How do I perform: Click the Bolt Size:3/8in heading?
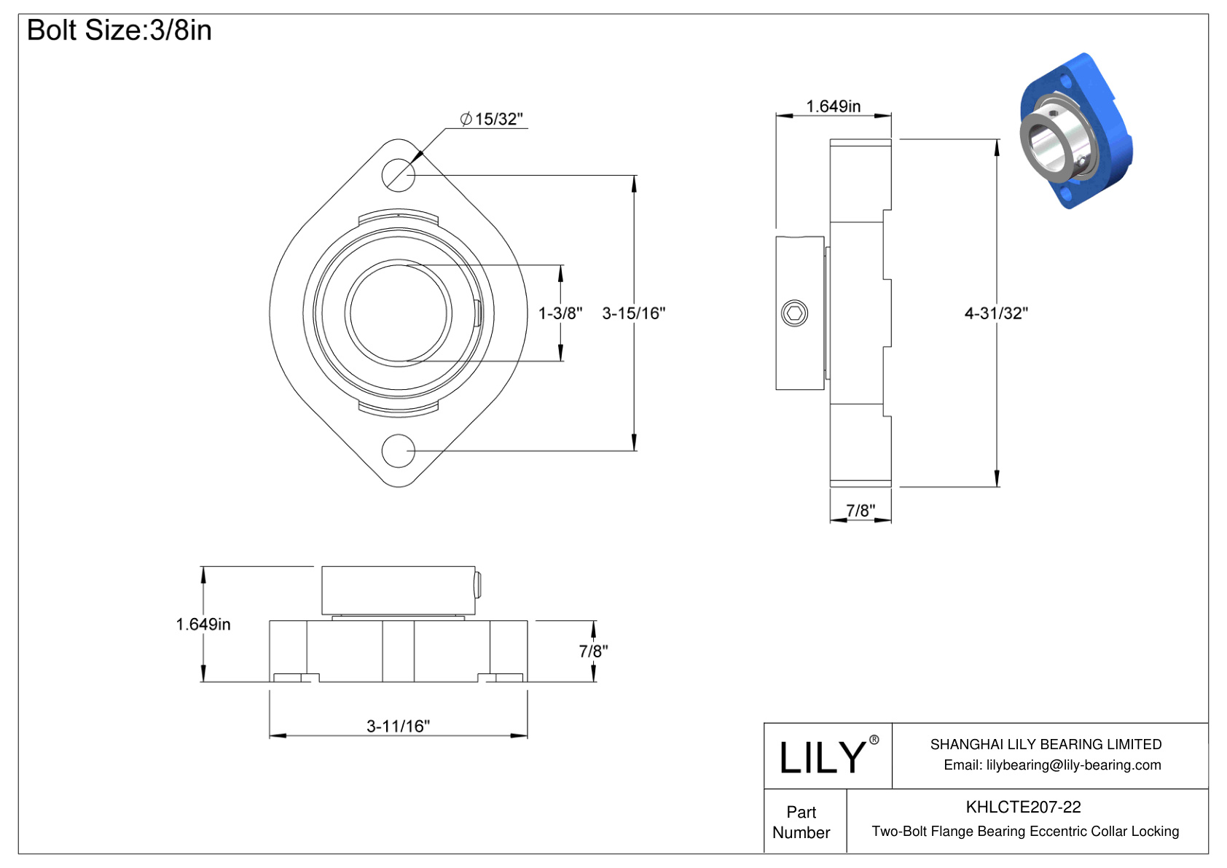[119, 31]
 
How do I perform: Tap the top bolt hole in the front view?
[399, 175]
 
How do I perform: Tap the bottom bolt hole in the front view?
[399, 451]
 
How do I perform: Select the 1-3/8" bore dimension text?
[560, 313]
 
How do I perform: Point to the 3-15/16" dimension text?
[633, 313]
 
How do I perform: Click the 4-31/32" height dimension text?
[995, 313]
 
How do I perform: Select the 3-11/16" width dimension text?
[398, 726]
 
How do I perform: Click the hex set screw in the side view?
[794, 313]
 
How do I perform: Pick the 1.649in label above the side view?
[833, 106]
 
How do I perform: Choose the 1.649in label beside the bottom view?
[203, 625]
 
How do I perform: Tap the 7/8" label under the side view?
[861, 511]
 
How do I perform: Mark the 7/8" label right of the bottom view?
[593, 651]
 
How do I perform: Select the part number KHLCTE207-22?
[1023, 807]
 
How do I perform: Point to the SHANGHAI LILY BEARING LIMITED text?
[1046, 744]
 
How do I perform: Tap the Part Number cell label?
[801, 822]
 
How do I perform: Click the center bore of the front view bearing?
[399, 313]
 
